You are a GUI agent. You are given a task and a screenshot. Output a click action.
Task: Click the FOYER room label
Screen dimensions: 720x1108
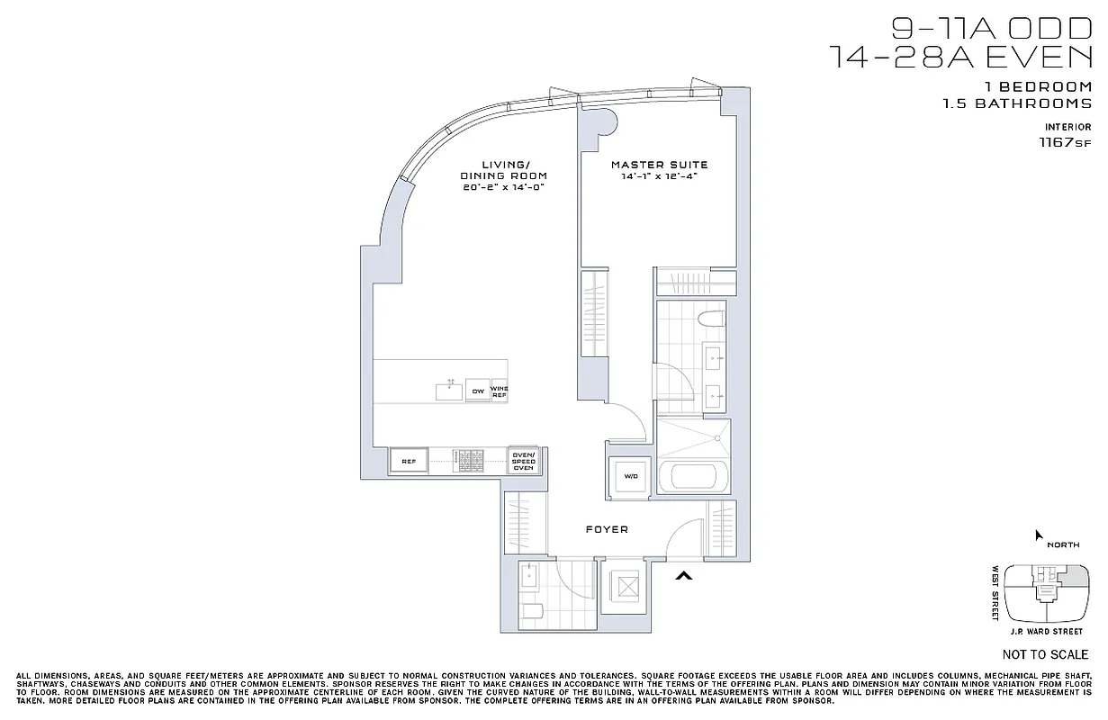click(x=608, y=529)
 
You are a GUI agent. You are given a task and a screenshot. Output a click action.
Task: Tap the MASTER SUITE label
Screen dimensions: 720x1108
click(x=659, y=165)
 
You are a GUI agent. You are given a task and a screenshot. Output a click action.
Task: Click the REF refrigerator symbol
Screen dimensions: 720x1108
click(x=409, y=462)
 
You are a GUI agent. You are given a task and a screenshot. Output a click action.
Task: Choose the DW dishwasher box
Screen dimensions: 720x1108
click(x=477, y=391)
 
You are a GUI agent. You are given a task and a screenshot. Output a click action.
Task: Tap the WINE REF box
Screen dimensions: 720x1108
click(x=499, y=391)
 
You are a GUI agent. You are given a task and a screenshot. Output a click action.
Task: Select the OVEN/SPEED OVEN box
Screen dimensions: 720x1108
click(x=523, y=461)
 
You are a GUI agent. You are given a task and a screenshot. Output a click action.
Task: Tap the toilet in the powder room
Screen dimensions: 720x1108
click(x=533, y=614)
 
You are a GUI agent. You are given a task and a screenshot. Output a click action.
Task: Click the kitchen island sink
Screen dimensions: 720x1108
click(x=448, y=390)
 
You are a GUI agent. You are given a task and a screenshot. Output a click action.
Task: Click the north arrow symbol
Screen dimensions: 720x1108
click(x=1039, y=535)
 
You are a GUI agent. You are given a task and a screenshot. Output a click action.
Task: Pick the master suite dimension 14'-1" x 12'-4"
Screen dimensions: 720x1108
click(x=659, y=176)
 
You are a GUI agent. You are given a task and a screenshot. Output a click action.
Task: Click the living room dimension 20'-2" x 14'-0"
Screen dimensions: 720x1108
click(x=504, y=186)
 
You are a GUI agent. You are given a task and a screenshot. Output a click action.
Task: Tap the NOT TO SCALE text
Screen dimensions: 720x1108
click(x=1044, y=654)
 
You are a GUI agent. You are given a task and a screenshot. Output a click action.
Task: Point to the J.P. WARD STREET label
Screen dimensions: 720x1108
click(x=1047, y=630)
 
